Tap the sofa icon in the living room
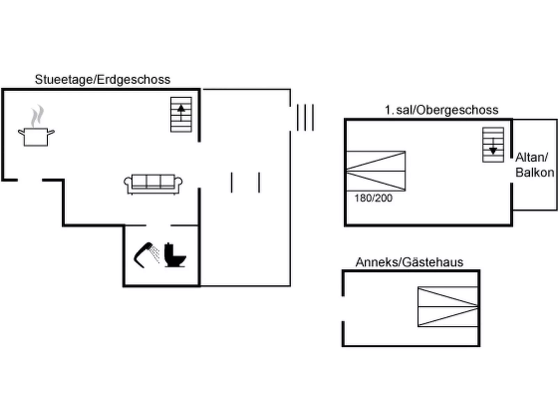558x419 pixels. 153,184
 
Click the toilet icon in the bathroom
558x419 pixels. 174,255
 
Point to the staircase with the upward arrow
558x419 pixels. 181,114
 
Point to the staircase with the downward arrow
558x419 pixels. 493,145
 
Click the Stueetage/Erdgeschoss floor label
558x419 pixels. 102,80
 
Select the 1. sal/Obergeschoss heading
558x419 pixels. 441,110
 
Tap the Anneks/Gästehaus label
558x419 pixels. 409,262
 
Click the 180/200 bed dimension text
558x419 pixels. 373,198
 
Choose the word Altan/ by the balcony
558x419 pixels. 532,157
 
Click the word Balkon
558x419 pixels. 535,172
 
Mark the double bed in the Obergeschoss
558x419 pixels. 376,171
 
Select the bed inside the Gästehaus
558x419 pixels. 448,307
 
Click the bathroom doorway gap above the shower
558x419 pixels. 158,226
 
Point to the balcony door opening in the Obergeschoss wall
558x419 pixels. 512,170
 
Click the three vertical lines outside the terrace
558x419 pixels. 305,117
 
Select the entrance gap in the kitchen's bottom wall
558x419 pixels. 30,180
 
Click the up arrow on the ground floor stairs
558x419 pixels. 181,108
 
